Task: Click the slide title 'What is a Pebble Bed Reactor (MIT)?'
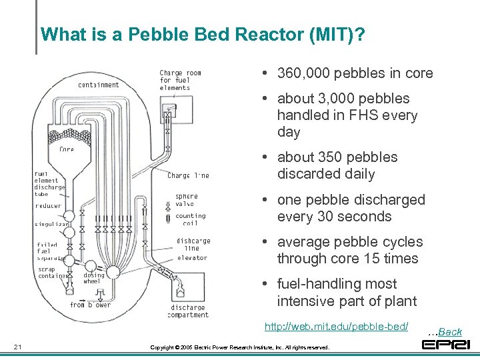(203, 34)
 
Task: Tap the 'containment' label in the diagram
(98, 85)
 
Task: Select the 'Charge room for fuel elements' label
(180, 80)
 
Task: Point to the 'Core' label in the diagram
(67, 149)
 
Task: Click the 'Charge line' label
(188, 175)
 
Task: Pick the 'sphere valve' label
(187, 200)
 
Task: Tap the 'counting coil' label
(190, 219)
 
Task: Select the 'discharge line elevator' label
(193, 249)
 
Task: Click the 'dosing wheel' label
(93, 278)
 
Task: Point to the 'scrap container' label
(51, 273)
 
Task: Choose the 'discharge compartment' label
(189, 311)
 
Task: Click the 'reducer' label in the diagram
(48, 206)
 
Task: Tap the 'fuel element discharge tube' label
(49, 184)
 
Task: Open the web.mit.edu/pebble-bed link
(336, 327)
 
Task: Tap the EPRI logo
(446, 345)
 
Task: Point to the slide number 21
(18, 346)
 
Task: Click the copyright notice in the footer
(239, 347)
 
